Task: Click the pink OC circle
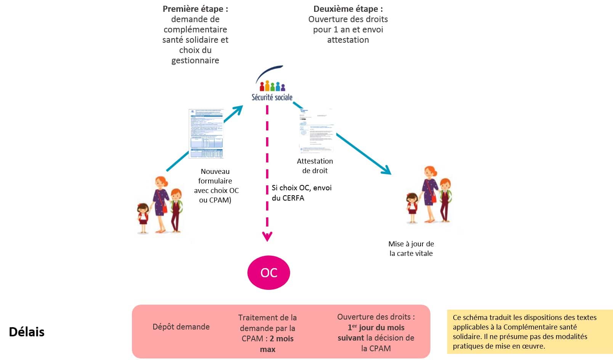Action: [269, 273]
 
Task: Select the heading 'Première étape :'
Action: [195, 9]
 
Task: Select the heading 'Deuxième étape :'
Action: [348, 9]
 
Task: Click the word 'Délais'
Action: [27, 332]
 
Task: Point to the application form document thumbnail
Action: [206, 133]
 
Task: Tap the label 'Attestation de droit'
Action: [315, 166]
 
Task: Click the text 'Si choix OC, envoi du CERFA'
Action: [301, 193]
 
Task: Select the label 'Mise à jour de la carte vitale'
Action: [411, 248]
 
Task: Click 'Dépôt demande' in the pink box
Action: [181, 327]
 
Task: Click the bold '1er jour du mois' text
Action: [376, 327]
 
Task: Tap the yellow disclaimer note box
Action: [530, 331]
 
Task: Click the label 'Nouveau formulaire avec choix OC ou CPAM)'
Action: [216, 186]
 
